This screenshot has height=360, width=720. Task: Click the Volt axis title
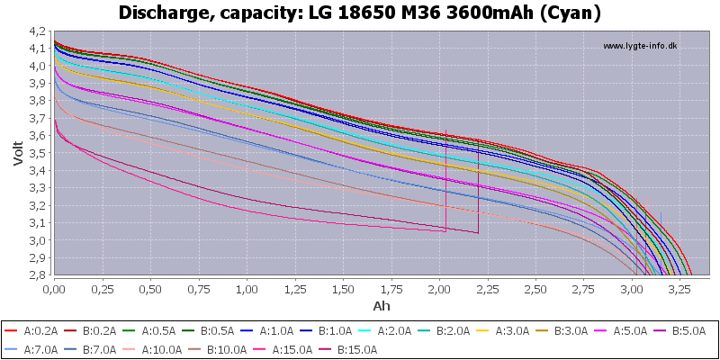pos(19,153)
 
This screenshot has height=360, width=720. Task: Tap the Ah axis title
pos(382,305)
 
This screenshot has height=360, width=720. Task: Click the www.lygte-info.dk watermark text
pos(640,46)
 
